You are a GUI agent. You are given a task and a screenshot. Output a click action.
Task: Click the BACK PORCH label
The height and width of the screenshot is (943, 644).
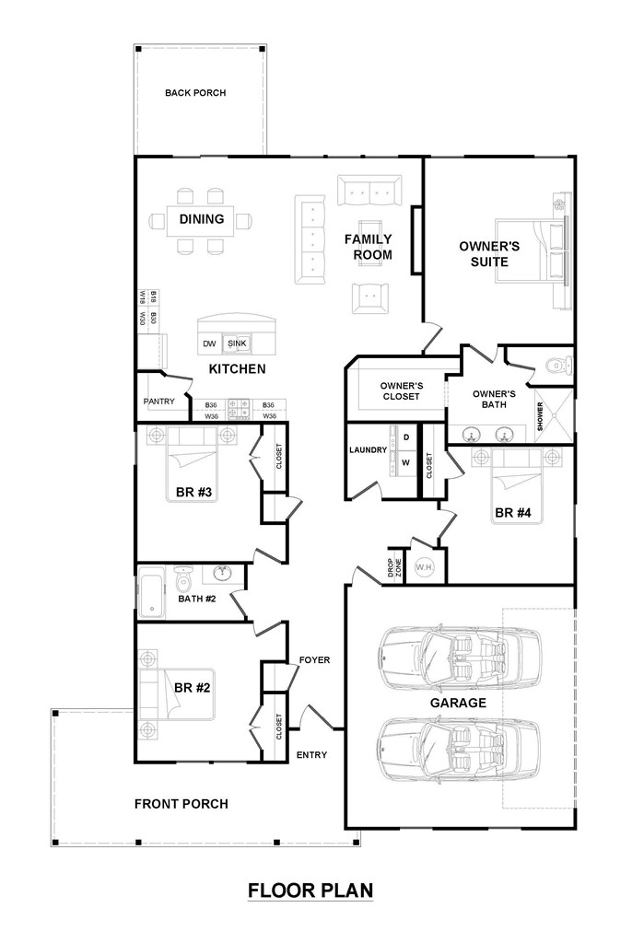click(195, 93)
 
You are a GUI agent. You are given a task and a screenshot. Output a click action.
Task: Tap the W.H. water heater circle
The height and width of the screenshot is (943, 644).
click(425, 567)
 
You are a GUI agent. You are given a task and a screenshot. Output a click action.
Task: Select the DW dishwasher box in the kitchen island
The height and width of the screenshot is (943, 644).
click(209, 344)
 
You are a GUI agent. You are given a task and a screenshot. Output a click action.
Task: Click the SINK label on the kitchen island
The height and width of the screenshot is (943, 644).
click(237, 343)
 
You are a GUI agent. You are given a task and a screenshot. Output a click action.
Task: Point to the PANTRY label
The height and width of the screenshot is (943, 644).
click(158, 402)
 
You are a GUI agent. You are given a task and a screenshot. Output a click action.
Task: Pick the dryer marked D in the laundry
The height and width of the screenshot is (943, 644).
click(406, 437)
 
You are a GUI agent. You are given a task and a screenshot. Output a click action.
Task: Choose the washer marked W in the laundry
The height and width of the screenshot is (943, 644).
click(406, 462)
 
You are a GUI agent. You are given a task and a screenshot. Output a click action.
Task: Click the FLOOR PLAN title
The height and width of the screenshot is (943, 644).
click(310, 891)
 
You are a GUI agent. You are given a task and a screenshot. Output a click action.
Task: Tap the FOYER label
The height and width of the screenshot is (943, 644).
click(315, 659)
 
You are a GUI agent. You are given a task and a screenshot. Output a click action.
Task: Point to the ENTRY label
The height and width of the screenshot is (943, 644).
click(311, 755)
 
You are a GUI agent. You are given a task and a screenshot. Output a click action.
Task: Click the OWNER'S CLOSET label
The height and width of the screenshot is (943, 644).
click(402, 390)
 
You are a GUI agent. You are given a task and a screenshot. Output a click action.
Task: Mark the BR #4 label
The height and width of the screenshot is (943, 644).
click(513, 513)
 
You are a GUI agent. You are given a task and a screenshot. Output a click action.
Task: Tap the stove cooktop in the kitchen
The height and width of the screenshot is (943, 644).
click(238, 408)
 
